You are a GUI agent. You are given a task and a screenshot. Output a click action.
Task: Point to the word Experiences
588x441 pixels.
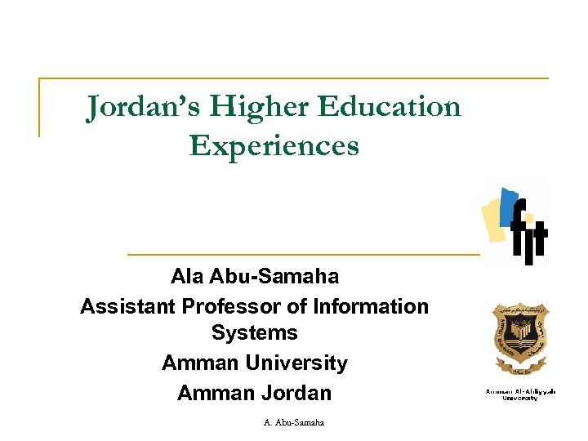[x=274, y=145]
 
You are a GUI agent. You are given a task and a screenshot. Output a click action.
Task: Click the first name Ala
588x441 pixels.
[x=187, y=276]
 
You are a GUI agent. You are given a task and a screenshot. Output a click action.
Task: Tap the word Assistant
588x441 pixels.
[x=127, y=306]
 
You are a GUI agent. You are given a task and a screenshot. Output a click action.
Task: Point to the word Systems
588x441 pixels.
[x=254, y=333]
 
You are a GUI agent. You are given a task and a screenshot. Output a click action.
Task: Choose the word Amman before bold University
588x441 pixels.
[x=198, y=363]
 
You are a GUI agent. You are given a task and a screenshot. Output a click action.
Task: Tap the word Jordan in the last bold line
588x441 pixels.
[x=296, y=393]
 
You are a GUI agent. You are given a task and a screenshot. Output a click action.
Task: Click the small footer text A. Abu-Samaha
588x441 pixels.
[x=294, y=422]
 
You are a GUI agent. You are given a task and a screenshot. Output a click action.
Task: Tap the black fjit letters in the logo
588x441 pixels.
[x=528, y=233]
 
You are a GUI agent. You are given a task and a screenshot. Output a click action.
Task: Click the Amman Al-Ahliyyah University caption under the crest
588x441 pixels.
[x=520, y=394]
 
